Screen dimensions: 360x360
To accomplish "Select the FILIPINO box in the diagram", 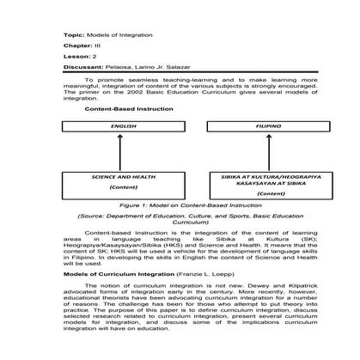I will click(x=243, y=125).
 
